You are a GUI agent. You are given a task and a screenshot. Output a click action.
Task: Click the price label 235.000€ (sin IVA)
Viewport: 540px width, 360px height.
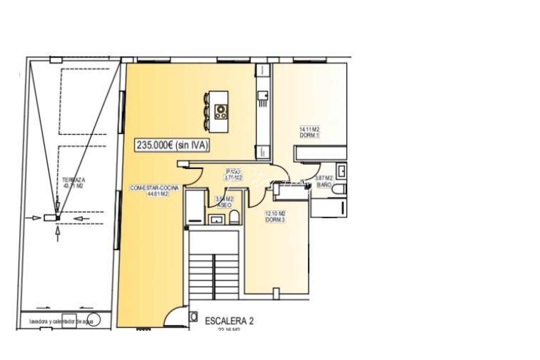[172, 145]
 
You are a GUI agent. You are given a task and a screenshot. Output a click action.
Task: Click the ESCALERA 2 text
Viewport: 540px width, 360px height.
[229, 321]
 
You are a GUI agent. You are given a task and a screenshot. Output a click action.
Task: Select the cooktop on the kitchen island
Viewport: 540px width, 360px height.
[221, 112]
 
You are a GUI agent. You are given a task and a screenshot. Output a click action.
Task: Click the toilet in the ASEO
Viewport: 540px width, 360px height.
[234, 217]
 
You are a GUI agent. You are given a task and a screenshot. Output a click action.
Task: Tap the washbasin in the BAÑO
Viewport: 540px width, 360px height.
[341, 171]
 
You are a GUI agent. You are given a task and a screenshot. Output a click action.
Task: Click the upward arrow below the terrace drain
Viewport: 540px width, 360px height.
[58, 233]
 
